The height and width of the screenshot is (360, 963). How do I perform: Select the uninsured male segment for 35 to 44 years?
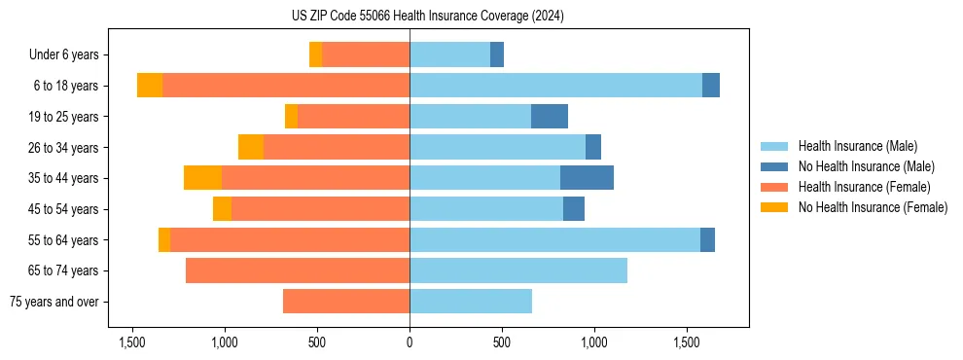[587, 178]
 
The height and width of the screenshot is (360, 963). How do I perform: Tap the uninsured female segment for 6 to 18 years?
[150, 86]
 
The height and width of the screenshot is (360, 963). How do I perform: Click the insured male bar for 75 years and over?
[471, 302]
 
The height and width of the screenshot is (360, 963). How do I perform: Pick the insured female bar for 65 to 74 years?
[298, 270]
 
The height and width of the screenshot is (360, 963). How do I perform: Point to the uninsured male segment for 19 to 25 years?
[550, 117]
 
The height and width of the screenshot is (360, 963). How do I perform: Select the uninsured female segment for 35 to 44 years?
[202, 178]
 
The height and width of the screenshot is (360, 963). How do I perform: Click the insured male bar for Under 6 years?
[449, 54]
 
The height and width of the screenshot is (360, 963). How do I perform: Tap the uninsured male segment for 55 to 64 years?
[707, 239]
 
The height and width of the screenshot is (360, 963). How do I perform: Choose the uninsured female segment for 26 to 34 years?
[251, 147]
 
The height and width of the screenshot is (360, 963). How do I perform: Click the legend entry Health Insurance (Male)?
[857, 146]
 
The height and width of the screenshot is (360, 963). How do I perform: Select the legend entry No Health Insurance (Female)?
[873, 207]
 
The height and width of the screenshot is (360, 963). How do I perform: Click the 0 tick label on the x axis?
[410, 342]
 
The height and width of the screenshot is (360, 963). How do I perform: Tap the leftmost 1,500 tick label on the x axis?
[132, 342]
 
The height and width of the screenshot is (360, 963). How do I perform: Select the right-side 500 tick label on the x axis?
[502, 342]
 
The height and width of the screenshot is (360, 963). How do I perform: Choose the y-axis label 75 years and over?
[54, 302]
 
